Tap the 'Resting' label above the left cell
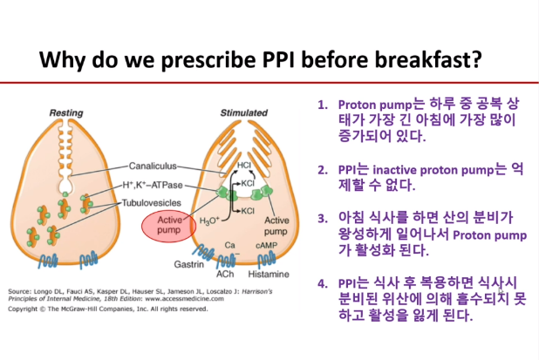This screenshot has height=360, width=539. click(66, 112)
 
